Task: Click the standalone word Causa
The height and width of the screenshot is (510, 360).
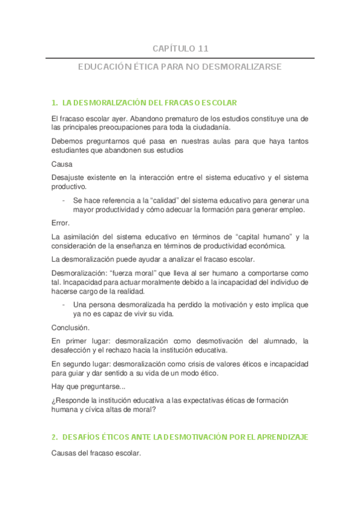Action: point(62,164)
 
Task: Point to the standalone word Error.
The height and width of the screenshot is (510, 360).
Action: point(61,223)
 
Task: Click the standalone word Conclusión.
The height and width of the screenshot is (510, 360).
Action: point(71,328)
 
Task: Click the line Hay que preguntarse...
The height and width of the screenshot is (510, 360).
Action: point(88,387)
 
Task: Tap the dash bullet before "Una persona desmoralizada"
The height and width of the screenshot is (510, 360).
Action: point(64,305)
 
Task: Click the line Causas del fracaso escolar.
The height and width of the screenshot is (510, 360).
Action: point(96,453)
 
